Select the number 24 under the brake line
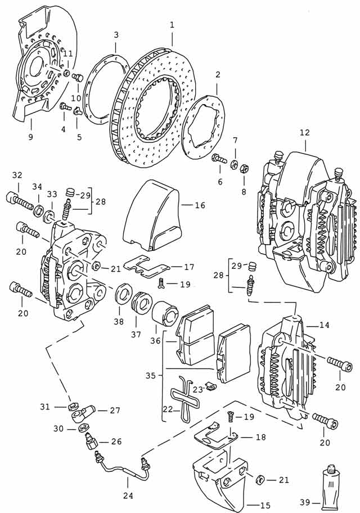click(128, 495)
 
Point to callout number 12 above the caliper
click(304, 133)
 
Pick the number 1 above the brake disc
click(172, 25)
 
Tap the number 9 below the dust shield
click(30, 137)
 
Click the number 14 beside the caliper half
click(325, 325)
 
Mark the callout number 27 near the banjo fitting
click(115, 411)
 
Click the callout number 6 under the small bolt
click(220, 182)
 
